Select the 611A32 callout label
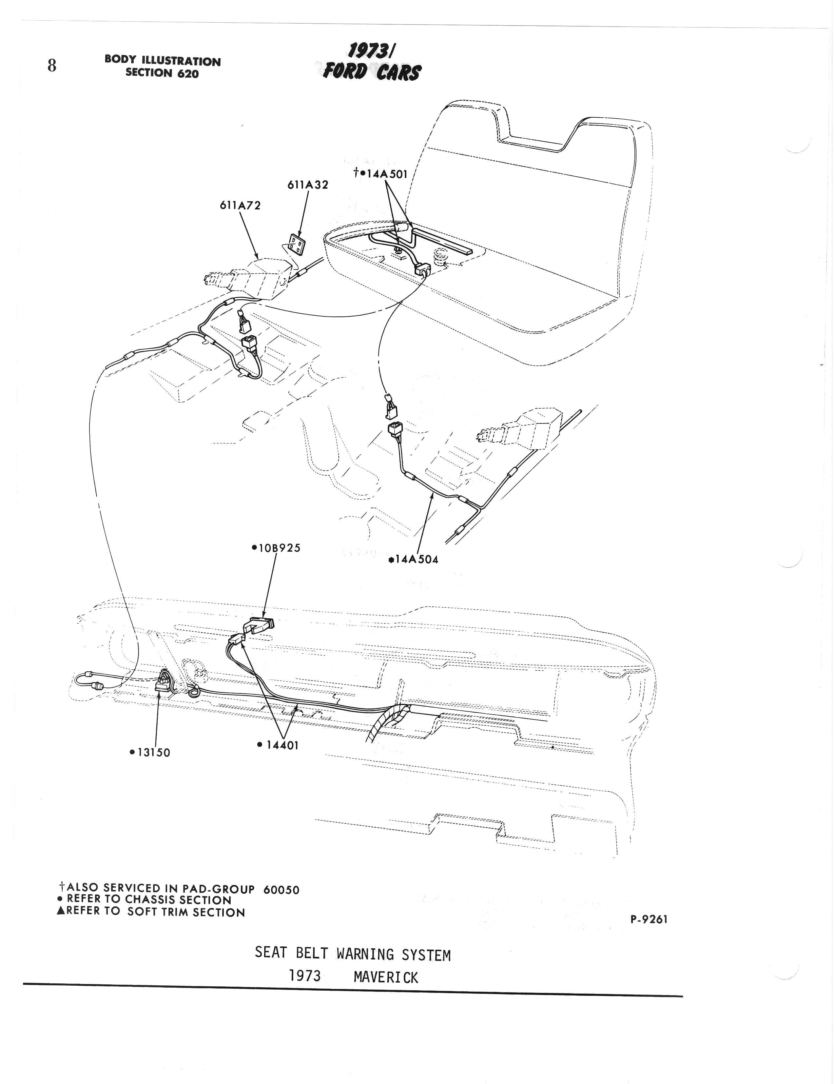308,185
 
